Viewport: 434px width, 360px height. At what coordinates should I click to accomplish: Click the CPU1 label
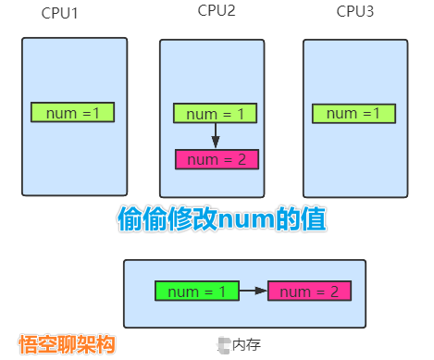point(60,15)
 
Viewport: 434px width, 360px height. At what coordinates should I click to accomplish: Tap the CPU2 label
point(217,11)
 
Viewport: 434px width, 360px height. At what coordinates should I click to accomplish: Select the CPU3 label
point(355,11)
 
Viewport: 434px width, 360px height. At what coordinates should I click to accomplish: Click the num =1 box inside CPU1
point(72,113)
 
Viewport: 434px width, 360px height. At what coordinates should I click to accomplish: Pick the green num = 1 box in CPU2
point(215,114)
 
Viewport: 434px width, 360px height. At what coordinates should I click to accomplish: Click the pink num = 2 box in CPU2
point(217,159)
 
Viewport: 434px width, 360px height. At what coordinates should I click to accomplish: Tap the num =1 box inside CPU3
point(353,114)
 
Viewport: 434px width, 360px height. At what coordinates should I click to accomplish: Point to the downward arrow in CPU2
point(215,136)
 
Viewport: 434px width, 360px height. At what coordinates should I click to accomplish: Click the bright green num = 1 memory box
point(196,292)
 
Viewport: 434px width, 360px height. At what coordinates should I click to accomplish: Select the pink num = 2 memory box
point(309,292)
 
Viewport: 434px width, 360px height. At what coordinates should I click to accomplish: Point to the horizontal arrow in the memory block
point(253,292)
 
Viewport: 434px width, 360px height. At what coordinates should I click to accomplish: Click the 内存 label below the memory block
point(247,344)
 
